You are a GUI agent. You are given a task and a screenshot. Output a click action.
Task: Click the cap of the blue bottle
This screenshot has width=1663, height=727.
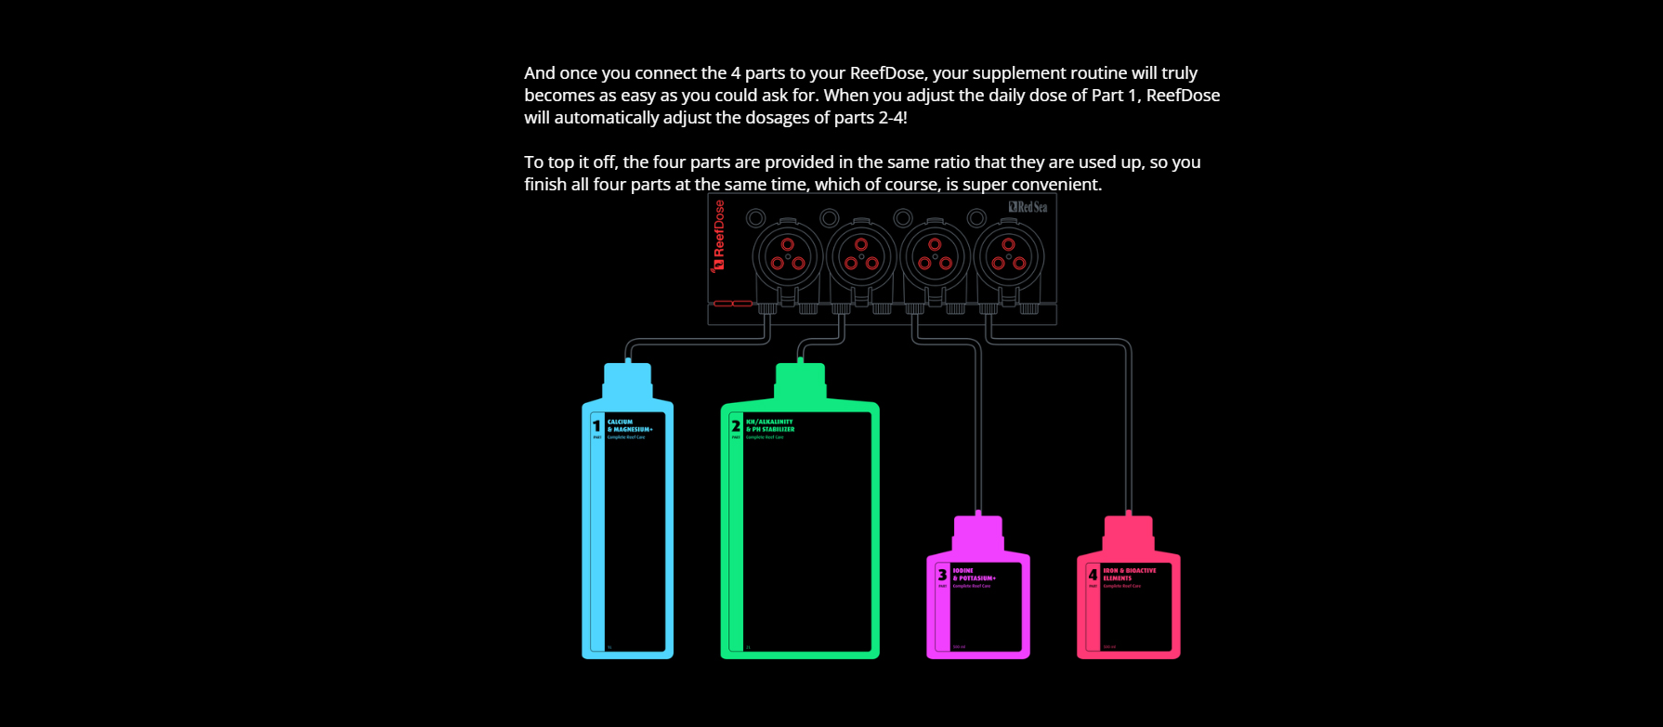(627, 379)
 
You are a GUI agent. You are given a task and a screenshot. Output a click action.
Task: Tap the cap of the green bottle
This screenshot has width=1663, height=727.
(800, 379)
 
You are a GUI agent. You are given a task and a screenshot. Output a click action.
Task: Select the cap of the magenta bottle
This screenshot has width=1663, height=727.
(978, 531)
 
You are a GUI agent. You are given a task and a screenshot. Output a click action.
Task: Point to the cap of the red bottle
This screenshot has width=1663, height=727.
(1128, 531)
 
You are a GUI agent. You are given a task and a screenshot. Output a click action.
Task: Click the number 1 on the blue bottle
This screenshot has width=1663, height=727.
(596, 426)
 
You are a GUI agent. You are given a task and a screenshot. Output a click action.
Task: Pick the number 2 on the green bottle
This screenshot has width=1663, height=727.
(736, 426)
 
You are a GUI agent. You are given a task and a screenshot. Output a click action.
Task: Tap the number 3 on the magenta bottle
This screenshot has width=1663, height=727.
(942, 575)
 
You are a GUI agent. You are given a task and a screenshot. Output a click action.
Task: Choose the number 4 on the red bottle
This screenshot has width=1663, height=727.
(1093, 575)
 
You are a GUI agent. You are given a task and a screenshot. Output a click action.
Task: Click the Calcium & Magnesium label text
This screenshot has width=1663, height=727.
(630, 426)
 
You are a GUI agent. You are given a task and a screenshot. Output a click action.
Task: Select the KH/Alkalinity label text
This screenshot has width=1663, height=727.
(770, 426)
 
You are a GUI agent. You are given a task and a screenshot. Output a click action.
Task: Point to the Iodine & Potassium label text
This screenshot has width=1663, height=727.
(974, 575)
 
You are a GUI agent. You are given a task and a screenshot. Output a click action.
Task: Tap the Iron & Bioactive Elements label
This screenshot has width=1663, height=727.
(1129, 575)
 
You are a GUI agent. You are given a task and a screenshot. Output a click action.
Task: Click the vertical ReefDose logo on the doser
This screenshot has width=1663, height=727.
(718, 236)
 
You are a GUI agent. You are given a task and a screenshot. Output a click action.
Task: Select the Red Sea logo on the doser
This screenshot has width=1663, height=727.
(1028, 207)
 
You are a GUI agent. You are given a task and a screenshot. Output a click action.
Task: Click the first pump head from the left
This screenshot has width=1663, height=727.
(788, 255)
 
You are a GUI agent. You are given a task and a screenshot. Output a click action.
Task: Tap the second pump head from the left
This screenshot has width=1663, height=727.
(861, 255)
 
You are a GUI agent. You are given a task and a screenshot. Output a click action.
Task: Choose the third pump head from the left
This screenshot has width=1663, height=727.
(935, 255)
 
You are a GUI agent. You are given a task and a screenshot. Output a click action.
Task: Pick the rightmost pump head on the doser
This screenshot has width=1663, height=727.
(1008, 255)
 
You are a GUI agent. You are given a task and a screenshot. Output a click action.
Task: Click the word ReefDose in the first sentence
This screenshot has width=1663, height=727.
(887, 73)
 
